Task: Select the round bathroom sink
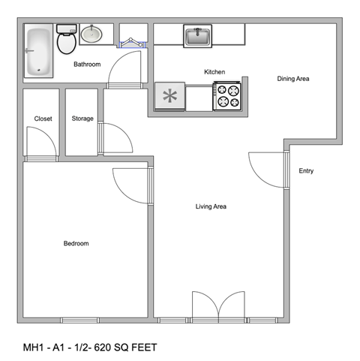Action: click(x=92, y=34)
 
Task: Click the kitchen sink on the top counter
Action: click(x=198, y=35)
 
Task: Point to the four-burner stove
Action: click(x=229, y=96)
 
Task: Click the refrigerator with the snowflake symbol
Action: click(x=169, y=97)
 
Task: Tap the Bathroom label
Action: click(x=87, y=65)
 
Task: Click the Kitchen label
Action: click(x=214, y=72)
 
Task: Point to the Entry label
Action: click(x=306, y=171)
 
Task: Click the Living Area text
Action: click(x=211, y=206)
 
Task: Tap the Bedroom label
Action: click(x=76, y=243)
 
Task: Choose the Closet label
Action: click(x=43, y=119)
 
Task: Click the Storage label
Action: click(x=82, y=119)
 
